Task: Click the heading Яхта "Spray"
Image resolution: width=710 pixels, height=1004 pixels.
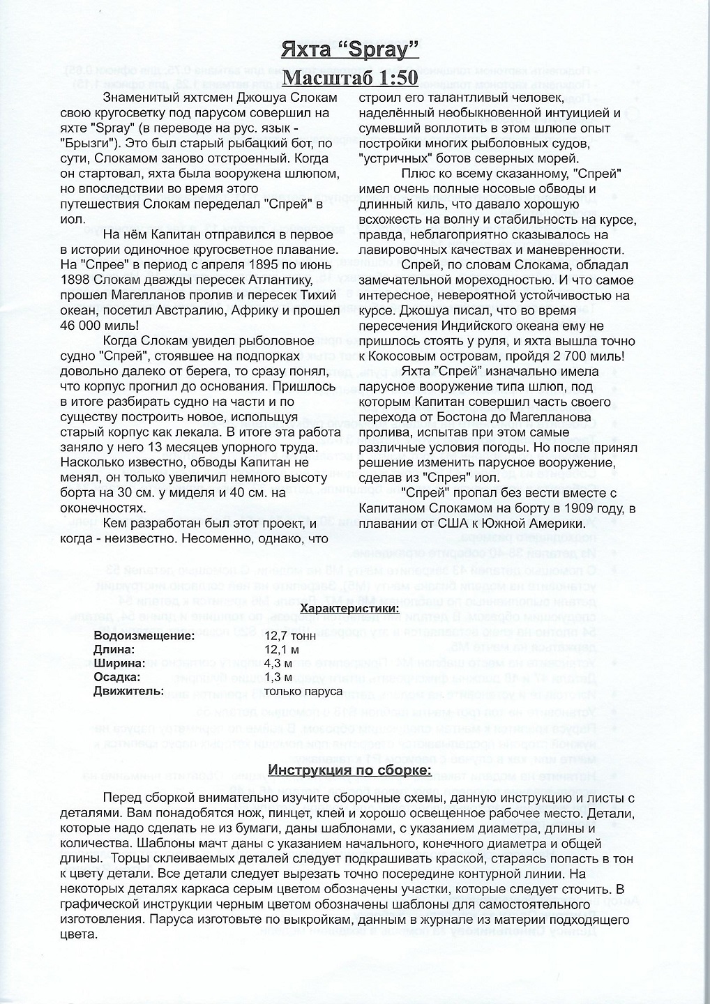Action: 349,50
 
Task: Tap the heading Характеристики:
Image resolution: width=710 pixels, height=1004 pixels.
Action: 349,609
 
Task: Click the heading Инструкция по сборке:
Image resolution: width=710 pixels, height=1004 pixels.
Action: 350,770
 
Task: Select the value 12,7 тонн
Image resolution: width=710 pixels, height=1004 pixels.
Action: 291,636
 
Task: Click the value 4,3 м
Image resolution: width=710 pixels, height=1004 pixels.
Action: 280,663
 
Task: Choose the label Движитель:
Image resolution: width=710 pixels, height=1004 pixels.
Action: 129,691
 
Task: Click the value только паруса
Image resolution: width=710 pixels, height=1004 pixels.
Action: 303,691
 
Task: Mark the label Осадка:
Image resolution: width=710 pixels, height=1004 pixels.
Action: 117,677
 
